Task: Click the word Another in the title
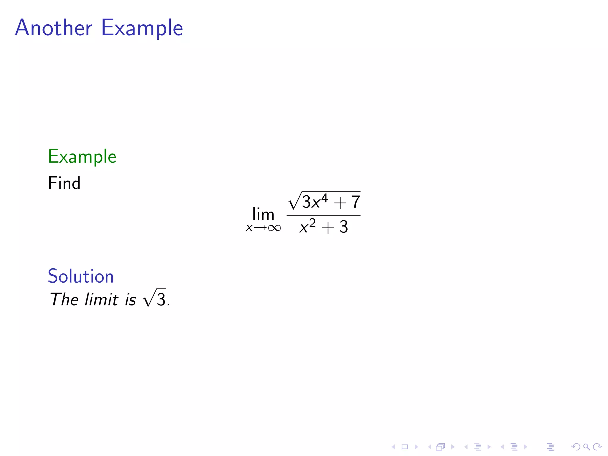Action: [54, 28]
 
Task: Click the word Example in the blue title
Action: [142, 28]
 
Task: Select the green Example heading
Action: [82, 156]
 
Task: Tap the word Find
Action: [64, 183]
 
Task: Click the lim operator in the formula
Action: [263, 214]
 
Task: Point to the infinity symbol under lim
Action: [274, 228]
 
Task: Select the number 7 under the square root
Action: [356, 202]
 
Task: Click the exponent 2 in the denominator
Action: [312, 223]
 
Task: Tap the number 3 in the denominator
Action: [343, 227]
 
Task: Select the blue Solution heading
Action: [81, 276]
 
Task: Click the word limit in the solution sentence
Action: [102, 299]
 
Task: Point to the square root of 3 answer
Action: [154, 298]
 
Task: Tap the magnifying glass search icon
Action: [586, 446]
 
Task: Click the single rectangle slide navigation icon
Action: [405, 447]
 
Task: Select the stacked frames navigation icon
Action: [441, 447]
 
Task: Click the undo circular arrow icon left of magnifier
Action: [575, 446]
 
